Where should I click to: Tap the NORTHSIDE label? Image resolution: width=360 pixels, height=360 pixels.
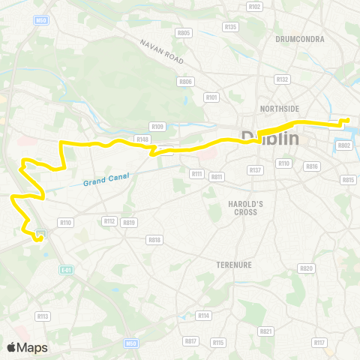point(279,109)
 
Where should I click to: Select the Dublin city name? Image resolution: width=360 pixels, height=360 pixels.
point(271,139)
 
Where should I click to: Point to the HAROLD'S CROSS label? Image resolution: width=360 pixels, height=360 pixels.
point(242,208)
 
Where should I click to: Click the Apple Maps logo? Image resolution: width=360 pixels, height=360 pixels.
point(28,347)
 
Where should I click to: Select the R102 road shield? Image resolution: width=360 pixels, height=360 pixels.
point(255,7)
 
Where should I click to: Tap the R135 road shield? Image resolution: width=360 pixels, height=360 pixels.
point(230,27)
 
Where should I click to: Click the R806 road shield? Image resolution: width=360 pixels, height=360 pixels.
point(185,81)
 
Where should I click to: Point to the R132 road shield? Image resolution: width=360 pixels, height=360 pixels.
point(282,79)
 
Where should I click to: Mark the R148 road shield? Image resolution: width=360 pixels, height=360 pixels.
point(142,139)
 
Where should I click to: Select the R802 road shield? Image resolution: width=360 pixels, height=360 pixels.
point(345,145)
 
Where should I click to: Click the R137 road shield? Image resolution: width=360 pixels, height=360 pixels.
point(256,170)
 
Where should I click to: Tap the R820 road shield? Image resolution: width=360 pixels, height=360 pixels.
point(306,268)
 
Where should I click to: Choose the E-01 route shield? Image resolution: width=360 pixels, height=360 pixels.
point(65,269)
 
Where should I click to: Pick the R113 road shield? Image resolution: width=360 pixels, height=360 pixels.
point(43,316)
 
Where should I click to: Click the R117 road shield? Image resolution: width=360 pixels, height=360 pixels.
point(320,343)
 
